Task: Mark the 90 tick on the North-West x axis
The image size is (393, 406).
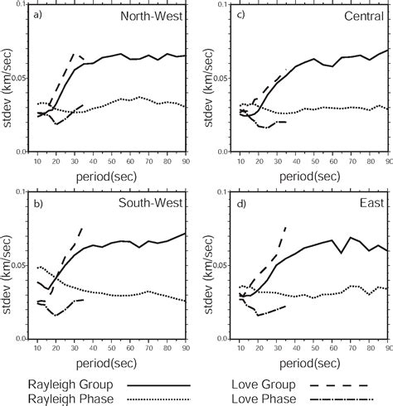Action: [x=184, y=162]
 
